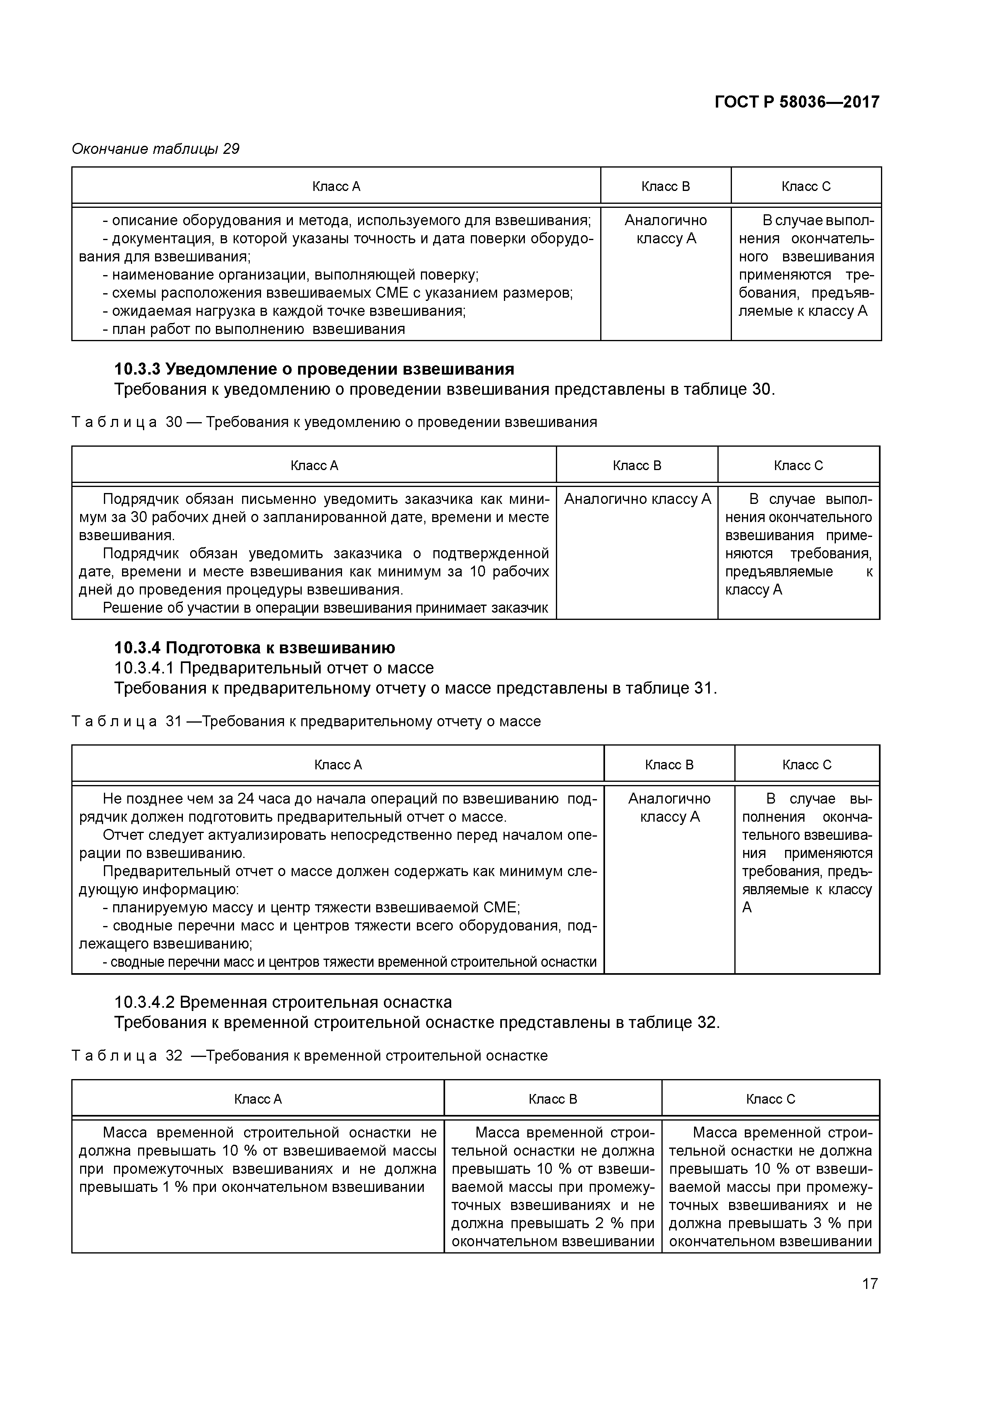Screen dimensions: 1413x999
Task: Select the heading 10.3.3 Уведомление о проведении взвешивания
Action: pos(314,369)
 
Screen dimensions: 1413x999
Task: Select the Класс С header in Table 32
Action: pos(770,1099)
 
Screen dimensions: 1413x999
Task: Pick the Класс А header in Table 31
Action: pos(338,765)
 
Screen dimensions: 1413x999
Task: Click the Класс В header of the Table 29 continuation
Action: pos(665,186)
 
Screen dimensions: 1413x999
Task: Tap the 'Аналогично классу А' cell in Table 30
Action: pos(637,499)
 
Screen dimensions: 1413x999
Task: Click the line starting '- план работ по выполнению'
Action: pos(254,329)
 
